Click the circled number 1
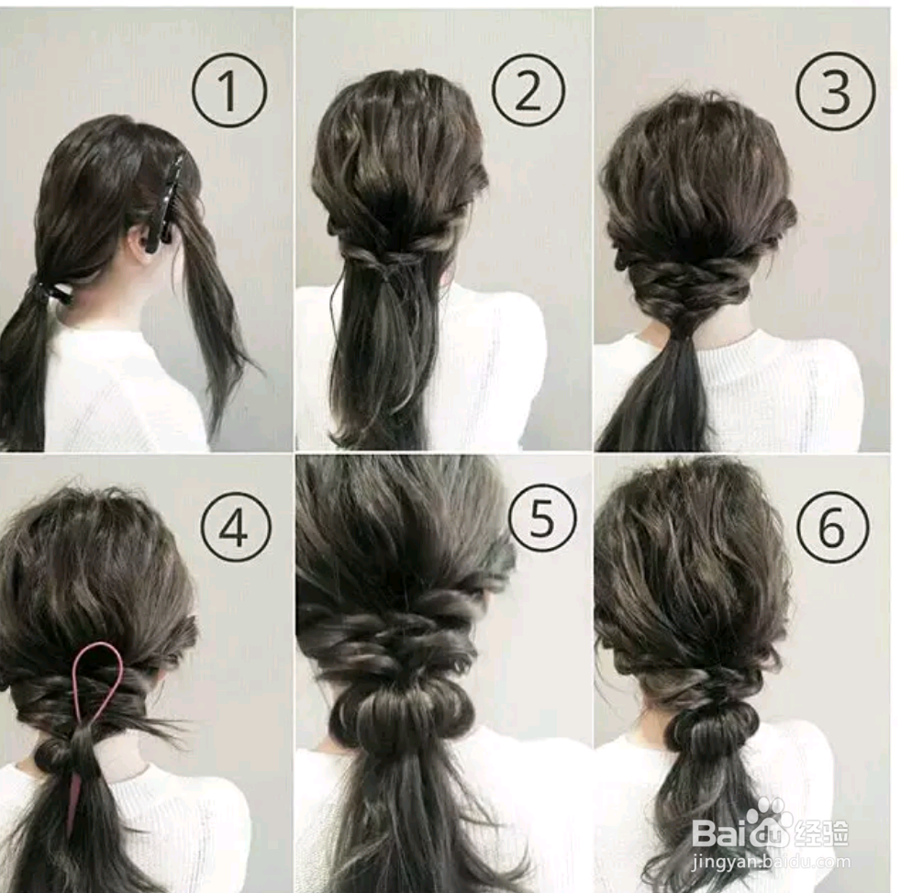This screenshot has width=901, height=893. (x=229, y=92)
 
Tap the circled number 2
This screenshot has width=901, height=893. (x=528, y=90)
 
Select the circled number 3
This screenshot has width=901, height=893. (x=836, y=92)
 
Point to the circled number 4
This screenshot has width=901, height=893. (x=236, y=528)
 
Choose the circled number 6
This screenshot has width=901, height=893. (x=832, y=527)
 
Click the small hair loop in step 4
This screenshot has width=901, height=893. (x=53, y=752)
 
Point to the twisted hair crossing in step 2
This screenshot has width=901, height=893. (x=386, y=265)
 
